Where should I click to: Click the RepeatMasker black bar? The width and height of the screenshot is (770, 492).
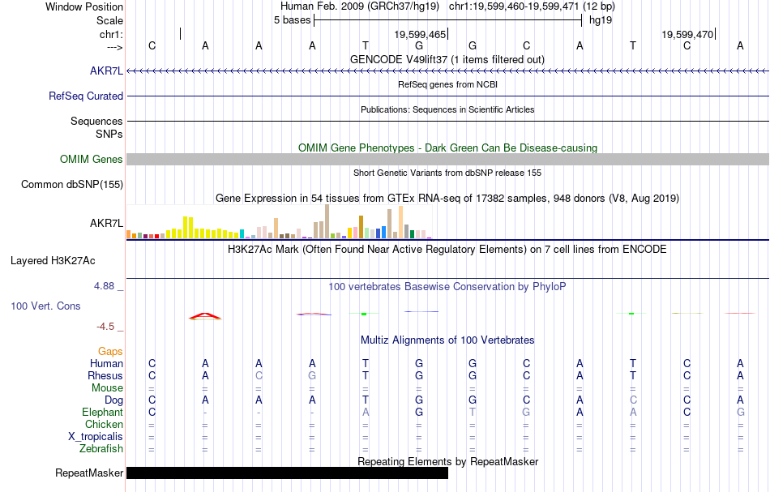point(287,473)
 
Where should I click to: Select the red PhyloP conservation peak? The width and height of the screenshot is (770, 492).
point(205,315)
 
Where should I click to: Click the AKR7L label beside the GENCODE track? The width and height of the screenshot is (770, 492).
point(107,71)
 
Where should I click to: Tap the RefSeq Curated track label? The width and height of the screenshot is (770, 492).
point(86,96)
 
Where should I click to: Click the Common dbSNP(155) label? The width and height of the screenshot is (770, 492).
point(72,184)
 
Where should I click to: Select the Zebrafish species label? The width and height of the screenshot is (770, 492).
point(101,448)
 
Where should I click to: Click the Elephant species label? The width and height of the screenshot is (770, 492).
point(103,412)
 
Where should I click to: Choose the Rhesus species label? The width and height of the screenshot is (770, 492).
point(105,375)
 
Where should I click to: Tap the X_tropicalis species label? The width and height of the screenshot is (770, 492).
point(96,436)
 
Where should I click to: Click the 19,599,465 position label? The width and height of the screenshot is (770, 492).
point(420,35)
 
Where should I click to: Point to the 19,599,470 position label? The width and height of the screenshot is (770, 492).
point(687,35)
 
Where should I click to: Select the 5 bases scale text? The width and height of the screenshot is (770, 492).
point(292,19)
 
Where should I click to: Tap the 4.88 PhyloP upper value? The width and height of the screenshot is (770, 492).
point(105,286)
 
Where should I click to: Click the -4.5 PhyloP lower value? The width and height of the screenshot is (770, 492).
point(106,327)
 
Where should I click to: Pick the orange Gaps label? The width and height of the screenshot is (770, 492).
point(110,351)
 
